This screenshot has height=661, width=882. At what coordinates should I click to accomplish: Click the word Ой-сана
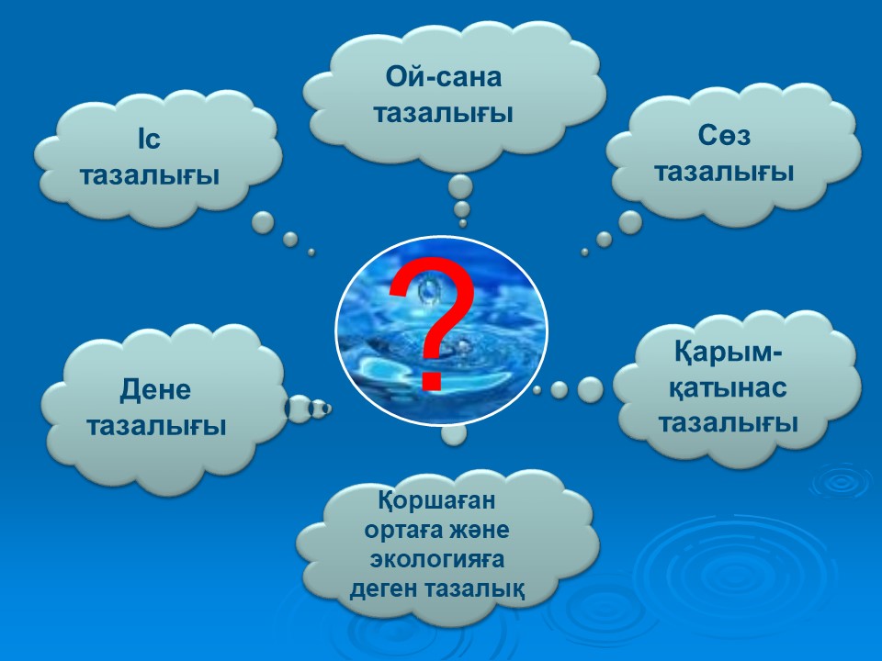click(443, 77)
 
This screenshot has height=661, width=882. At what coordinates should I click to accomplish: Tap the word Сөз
click(724, 136)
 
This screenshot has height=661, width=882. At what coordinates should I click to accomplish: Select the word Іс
click(149, 139)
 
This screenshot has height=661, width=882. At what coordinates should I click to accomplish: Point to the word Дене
click(155, 389)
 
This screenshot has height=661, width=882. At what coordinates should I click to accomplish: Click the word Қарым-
click(729, 353)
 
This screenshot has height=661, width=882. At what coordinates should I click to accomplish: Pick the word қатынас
click(728, 387)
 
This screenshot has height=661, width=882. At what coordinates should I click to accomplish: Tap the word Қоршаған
click(436, 499)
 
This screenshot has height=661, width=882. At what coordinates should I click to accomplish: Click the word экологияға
click(436, 560)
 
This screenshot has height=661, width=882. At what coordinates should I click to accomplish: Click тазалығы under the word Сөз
click(724, 172)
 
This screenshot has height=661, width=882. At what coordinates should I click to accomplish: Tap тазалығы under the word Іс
click(150, 175)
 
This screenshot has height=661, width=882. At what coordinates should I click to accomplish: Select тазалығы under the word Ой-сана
click(443, 114)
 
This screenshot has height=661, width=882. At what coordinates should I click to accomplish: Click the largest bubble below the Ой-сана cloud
click(460, 186)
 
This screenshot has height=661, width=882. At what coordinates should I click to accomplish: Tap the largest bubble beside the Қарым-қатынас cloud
click(590, 389)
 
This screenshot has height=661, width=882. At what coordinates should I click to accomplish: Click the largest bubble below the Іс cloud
click(263, 223)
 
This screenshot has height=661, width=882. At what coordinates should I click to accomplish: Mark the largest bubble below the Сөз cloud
click(630, 222)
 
